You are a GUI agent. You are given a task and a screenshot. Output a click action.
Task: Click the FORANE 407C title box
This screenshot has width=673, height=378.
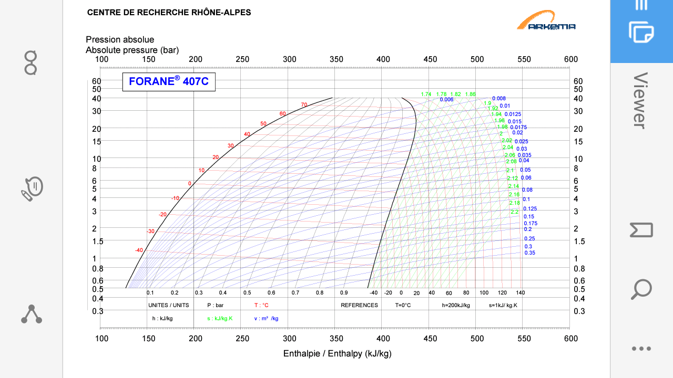pos(169,82)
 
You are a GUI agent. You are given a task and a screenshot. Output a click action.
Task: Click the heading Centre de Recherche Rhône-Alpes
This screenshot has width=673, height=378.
pos(169,13)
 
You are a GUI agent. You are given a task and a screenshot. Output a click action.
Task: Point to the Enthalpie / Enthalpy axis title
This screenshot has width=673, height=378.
pos(337,353)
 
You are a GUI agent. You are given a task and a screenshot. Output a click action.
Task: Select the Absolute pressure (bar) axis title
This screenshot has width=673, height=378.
pos(132,50)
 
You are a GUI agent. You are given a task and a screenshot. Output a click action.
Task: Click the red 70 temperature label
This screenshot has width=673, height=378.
pos(304,105)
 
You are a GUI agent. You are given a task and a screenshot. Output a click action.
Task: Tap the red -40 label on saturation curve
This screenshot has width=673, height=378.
pos(139,250)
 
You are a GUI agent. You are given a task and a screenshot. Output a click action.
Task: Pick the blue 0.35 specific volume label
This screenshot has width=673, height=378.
pos(529,253)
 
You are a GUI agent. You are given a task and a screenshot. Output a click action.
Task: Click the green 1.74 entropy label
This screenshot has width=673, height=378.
pos(426,94)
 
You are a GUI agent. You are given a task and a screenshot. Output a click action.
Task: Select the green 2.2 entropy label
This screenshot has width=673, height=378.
pos(514,212)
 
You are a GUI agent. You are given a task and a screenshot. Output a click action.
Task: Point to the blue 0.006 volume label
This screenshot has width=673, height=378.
pos(446,100)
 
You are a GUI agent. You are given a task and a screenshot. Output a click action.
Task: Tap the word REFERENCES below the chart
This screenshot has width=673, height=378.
pos(359,305)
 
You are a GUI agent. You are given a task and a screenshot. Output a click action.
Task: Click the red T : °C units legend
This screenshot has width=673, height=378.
pos(262,305)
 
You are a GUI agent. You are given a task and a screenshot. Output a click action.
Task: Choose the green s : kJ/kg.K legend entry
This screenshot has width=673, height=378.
pos(220,318)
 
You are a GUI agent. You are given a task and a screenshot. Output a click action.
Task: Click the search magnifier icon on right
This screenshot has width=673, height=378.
pos(641,289)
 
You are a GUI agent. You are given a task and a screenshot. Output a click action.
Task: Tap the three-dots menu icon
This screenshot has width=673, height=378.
pos(641,349)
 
